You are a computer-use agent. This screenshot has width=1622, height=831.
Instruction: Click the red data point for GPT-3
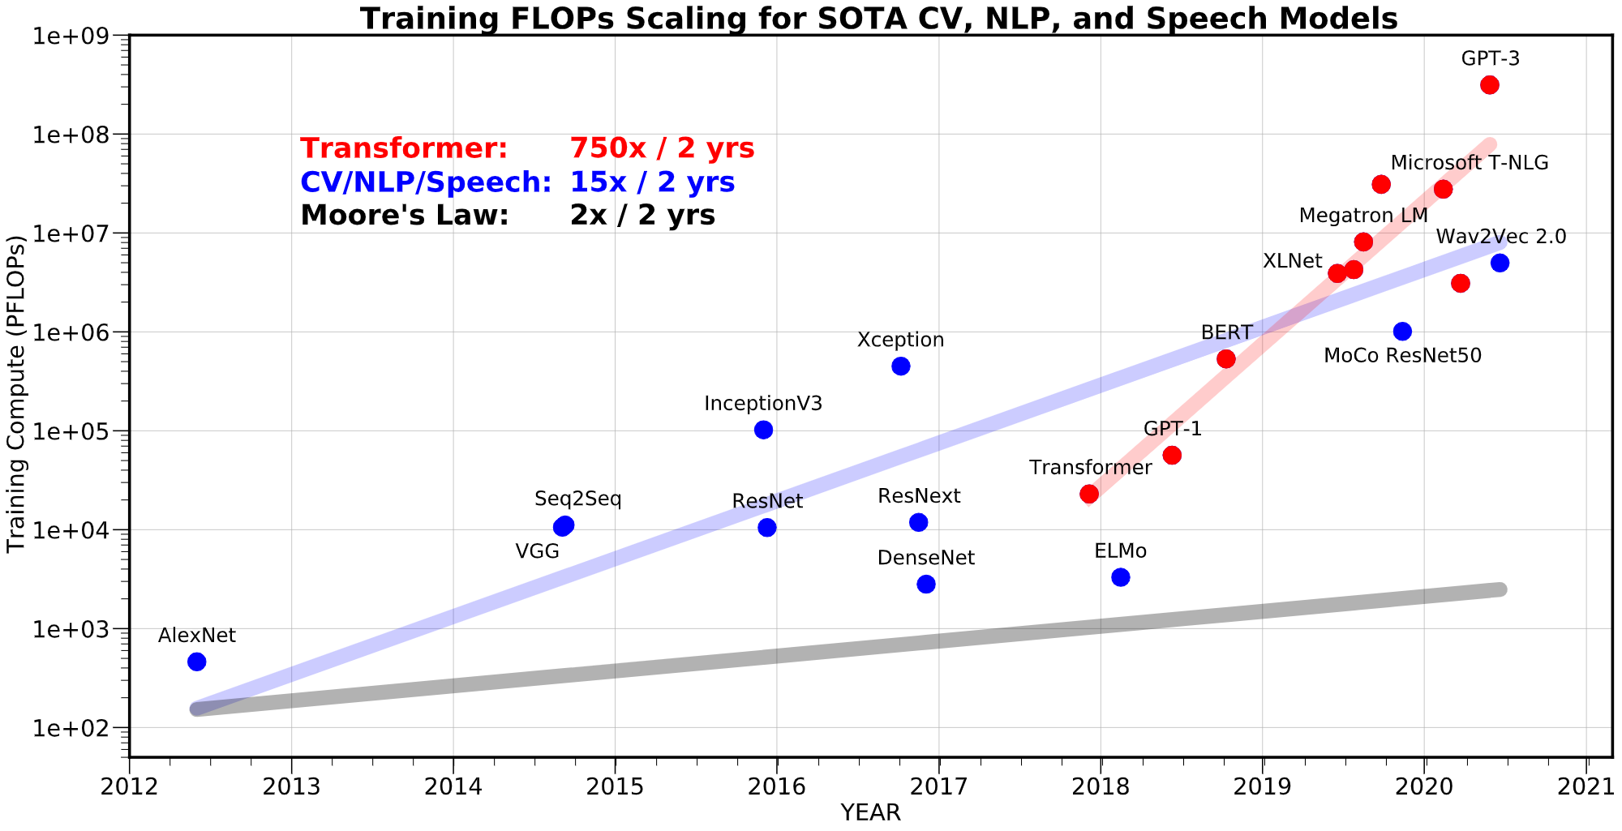click(x=1489, y=85)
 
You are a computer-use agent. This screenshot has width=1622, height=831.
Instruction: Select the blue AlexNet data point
click(x=196, y=662)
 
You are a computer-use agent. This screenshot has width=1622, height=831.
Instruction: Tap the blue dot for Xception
click(x=900, y=366)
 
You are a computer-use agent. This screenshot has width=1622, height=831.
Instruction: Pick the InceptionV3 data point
click(x=763, y=430)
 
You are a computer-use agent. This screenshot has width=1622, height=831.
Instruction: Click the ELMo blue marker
click(x=1121, y=577)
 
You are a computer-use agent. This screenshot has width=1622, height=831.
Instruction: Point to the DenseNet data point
click(x=926, y=585)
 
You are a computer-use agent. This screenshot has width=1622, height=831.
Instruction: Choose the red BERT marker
click(x=1226, y=358)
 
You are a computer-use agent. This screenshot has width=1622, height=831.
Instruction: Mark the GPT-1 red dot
click(x=1172, y=456)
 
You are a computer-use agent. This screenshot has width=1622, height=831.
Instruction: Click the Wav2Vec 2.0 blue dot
click(x=1500, y=263)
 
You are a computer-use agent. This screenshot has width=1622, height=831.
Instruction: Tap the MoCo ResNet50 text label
click(x=1402, y=356)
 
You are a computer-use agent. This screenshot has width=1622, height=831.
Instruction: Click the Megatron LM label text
click(x=1362, y=216)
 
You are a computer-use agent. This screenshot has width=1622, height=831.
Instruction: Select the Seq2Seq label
click(x=578, y=499)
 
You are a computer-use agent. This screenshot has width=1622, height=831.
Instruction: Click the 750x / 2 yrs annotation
click(x=662, y=148)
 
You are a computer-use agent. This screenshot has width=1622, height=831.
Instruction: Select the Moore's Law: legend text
click(x=404, y=216)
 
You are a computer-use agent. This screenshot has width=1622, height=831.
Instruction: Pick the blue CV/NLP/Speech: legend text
click(x=426, y=182)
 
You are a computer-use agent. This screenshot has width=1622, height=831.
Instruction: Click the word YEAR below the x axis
click(x=870, y=813)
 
